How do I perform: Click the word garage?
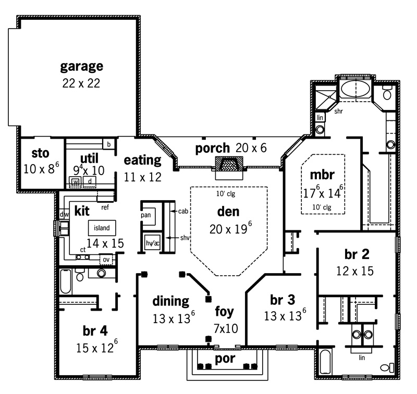click(x=82, y=67)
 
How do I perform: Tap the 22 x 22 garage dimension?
click(x=81, y=83)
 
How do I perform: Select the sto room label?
click(x=41, y=153)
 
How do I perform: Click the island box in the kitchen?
click(x=102, y=228)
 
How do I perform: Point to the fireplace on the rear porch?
click(x=229, y=165)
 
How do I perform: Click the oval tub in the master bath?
click(x=355, y=89)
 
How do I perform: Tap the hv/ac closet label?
click(x=153, y=243)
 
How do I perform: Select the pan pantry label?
click(x=146, y=215)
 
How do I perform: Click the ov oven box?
click(x=106, y=260)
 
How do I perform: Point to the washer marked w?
click(x=76, y=182)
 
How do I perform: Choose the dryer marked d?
click(x=90, y=181)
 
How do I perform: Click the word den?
click(x=228, y=212)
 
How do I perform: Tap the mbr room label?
click(x=322, y=175)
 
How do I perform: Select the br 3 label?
click(x=283, y=300)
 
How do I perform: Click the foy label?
click(x=225, y=312)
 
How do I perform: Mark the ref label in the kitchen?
click(x=105, y=207)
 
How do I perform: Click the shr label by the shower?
click(x=338, y=111)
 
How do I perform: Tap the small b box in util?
click(x=109, y=144)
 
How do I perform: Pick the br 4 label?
click(x=95, y=331)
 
